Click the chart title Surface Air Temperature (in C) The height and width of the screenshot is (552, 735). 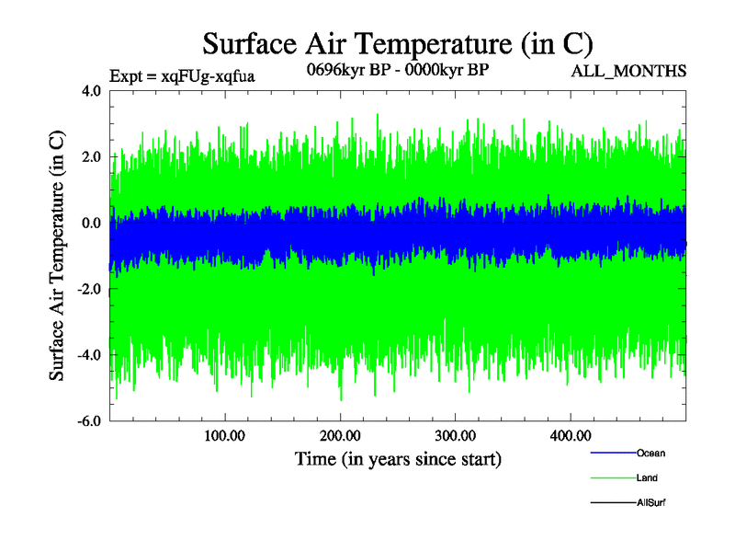[398, 43]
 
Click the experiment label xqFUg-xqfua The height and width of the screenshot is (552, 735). [181, 76]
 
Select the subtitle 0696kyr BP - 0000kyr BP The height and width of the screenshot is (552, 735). [398, 71]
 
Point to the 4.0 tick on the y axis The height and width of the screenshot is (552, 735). [91, 91]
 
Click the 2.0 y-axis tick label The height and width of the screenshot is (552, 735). [91, 157]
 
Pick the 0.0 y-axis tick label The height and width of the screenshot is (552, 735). [91, 223]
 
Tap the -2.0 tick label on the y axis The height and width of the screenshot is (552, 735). [89, 289]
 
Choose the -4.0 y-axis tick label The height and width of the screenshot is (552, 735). [89, 355]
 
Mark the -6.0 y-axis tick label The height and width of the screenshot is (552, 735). [89, 421]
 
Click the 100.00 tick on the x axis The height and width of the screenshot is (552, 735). [224, 435]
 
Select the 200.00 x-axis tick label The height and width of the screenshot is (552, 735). [340, 435]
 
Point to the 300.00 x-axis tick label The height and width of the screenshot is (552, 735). [455, 435]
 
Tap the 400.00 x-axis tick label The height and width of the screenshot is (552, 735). [570, 435]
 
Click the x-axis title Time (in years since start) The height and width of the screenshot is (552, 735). [398, 458]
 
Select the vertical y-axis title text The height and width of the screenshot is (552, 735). [57, 256]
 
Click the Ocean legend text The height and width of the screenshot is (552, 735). [650, 454]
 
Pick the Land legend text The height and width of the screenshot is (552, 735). [647, 478]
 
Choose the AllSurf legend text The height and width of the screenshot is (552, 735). [651, 503]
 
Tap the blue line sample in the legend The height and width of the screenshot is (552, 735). [612, 454]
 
